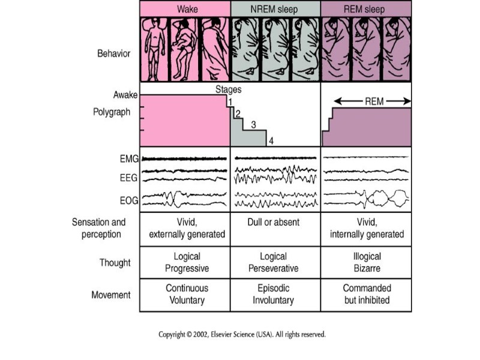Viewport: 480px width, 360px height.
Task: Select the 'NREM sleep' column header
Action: (x=275, y=8)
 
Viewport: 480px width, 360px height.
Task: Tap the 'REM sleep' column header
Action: (x=366, y=8)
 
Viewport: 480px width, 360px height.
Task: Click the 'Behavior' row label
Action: (x=113, y=53)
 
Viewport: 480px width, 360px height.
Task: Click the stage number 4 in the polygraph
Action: (x=271, y=141)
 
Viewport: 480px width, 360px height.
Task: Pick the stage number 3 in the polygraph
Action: (x=253, y=125)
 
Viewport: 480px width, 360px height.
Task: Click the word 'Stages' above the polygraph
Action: (x=229, y=90)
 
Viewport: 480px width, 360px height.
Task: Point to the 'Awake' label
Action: (x=125, y=95)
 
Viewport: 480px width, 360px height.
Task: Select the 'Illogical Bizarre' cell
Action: (x=366, y=262)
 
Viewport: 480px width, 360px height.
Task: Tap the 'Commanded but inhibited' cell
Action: (x=366, y=294)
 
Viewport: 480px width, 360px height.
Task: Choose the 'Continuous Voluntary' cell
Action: (x=187, y=294)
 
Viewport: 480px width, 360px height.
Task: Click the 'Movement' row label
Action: (x=112, y=295)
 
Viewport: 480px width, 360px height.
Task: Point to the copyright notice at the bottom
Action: (x=242, y=334)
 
